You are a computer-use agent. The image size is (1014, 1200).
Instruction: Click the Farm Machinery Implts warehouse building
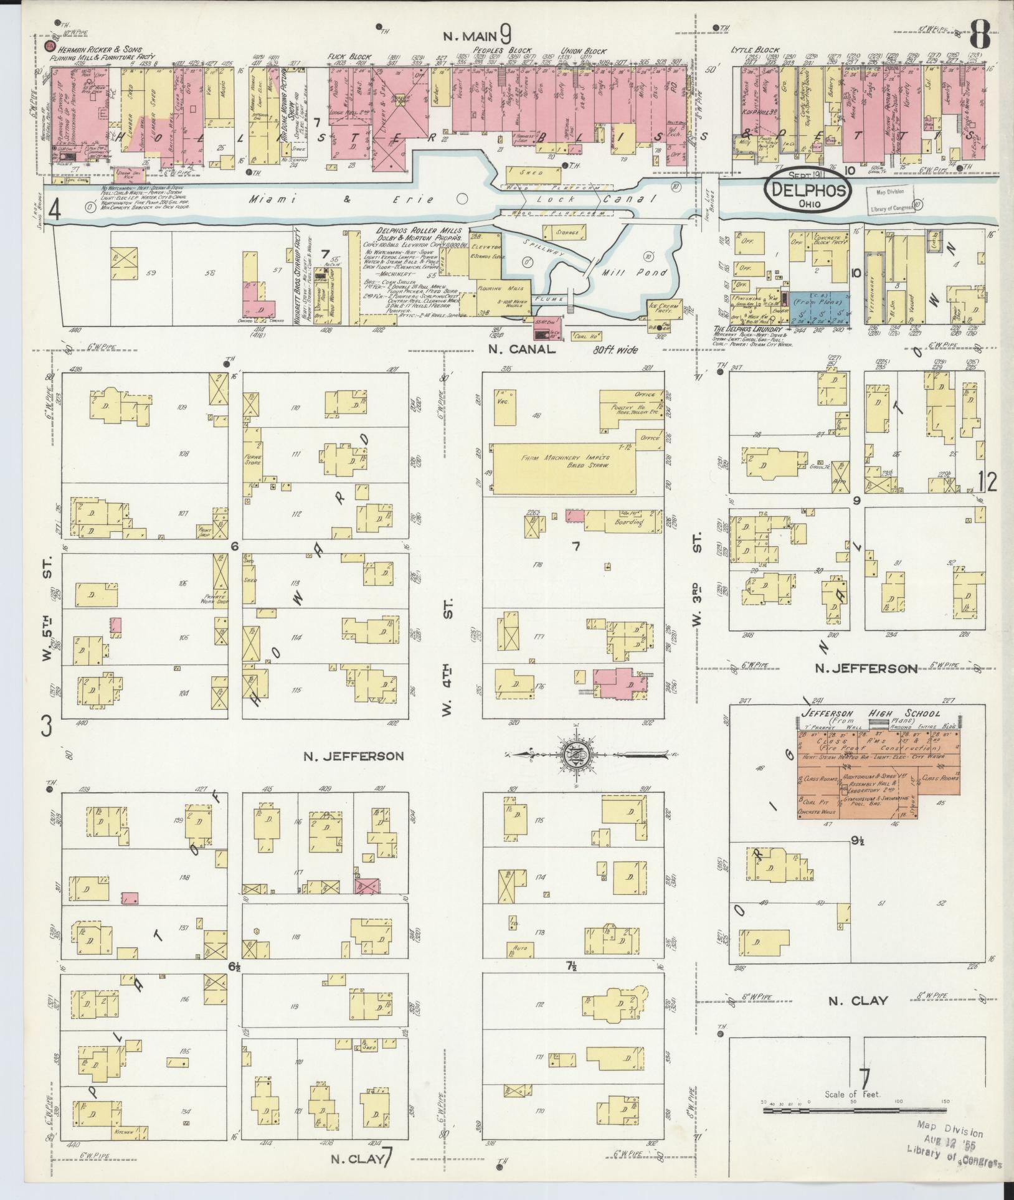coord(567,469)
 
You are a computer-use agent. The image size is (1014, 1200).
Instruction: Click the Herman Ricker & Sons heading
coord(102,49)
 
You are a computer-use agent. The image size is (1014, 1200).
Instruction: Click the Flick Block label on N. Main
coord(346,56)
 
